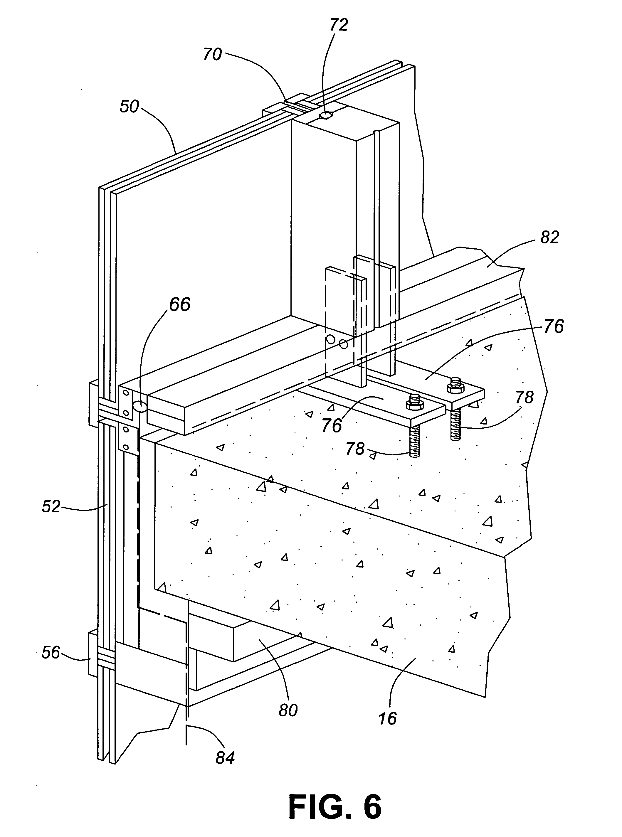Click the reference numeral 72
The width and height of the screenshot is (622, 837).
point(339,25)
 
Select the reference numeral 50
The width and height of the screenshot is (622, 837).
point(129,107)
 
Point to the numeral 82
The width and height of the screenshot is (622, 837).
point(549,238)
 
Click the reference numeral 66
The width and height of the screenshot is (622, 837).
point(180,304)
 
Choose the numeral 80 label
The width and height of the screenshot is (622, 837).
point(288,710)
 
